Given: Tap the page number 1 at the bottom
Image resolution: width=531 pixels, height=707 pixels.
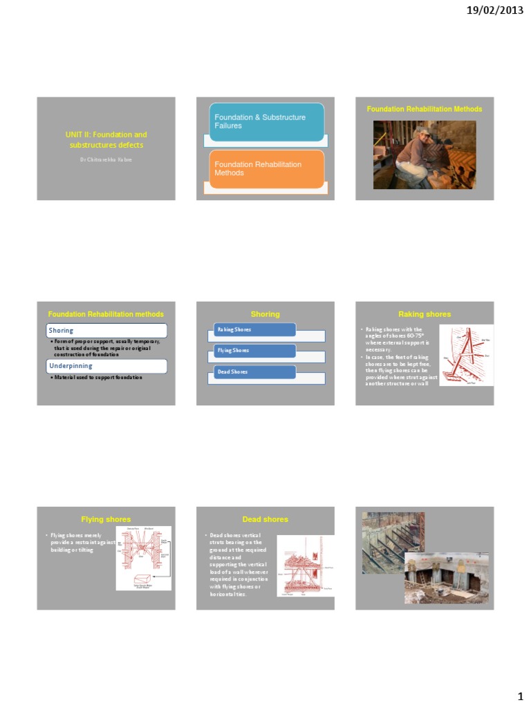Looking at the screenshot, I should [521, 694].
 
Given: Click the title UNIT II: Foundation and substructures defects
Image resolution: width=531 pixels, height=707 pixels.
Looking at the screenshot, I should [106, 139].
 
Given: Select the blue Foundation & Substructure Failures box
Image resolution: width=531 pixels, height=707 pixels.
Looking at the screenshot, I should [266, 122].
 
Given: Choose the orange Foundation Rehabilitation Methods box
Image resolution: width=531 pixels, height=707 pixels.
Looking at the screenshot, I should [266, 169].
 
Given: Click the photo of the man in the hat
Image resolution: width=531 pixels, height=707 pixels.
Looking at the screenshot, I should [425, 155].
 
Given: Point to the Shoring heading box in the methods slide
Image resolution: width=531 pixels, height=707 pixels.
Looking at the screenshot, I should [106, 331].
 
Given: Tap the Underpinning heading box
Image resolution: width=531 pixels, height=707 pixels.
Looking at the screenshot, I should [106, 366].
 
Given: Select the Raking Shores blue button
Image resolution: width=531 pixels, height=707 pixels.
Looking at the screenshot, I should [254, 329].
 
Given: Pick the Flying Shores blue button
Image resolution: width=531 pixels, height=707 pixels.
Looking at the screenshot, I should [254, 351].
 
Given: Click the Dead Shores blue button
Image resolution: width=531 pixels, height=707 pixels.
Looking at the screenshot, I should [254, 372].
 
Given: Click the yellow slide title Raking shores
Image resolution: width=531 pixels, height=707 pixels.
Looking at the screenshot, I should [425, 314].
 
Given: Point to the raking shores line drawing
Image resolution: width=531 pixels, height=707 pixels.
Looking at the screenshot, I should [466, 355].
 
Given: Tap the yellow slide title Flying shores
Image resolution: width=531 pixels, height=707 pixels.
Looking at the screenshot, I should [106, 519].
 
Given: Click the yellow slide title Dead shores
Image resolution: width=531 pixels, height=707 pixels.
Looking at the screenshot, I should [265, 519].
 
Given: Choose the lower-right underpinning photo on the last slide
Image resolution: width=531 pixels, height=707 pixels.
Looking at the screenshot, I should [446, 577].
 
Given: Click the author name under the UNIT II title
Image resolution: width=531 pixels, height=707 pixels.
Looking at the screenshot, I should [106, 159].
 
